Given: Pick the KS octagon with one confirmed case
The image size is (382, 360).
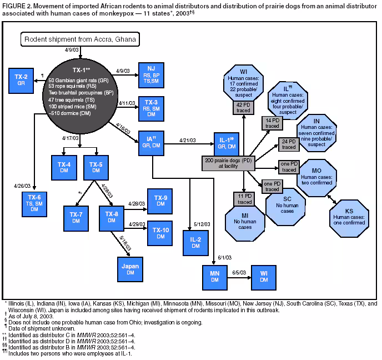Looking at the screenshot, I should [349, 214].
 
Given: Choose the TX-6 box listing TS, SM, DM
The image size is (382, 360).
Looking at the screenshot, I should [35, 203].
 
